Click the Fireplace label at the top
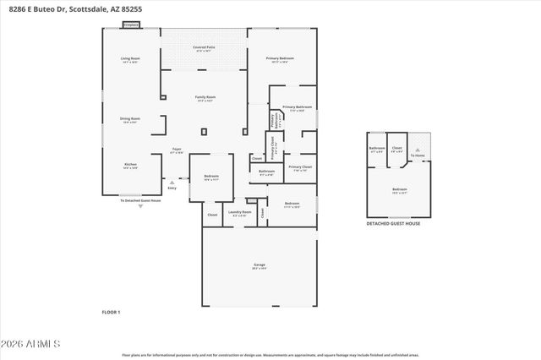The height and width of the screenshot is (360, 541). (x=131, y=26)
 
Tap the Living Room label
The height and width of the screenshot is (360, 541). (x=129, y=59)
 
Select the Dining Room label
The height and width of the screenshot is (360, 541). (x=130, y=120)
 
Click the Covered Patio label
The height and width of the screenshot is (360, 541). (x=203, y=47)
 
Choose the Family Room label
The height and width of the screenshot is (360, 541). (x=204, y=98)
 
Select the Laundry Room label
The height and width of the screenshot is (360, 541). (x=240, y=212)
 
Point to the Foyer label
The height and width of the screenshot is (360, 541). (x=177, y=150)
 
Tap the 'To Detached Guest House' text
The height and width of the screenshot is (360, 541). (x=140, y=200)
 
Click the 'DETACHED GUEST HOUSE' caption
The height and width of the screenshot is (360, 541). (x=392, y=223)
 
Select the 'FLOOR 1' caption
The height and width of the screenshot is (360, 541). (x=111, y=313)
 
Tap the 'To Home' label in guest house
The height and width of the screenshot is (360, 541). (x=418, y=155)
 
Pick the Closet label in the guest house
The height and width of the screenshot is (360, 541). (x=396, y=149)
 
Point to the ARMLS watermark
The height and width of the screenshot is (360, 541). (x=31, y=344)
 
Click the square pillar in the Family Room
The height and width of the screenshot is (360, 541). (x=204, y=131)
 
